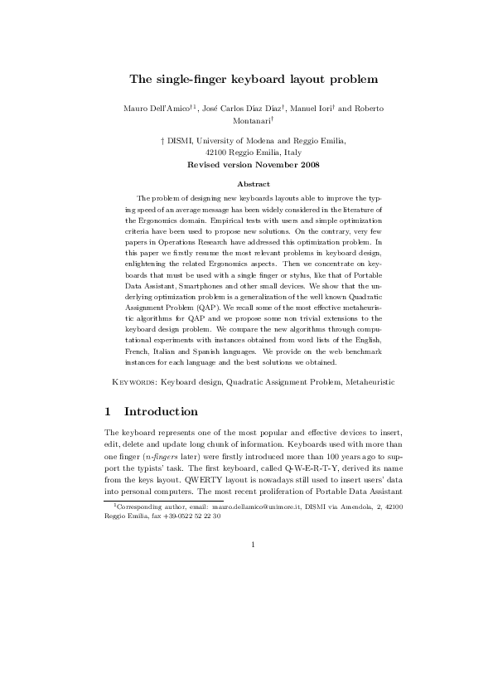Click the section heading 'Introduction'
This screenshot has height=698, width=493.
click(x=161, y=411)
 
